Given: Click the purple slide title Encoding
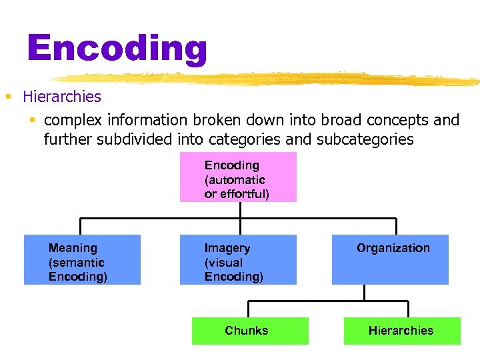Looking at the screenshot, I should pos(117,48).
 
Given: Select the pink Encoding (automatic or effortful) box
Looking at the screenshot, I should pos(238,177).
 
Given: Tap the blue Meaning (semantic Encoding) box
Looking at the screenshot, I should pos(82,259).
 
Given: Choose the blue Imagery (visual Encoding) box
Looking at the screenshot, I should pos(238,259).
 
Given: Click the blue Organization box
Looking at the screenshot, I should pos(390,259).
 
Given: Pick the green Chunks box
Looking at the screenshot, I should pos(250,331).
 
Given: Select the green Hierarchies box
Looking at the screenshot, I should pos(402,331).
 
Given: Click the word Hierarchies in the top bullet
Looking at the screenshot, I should pos(62,97).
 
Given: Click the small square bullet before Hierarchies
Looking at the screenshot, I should pos(9,97).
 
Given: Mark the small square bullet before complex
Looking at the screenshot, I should pos(31,121).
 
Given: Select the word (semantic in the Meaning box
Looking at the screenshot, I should pos(76,263).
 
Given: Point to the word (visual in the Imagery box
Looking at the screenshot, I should pos(223,263).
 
